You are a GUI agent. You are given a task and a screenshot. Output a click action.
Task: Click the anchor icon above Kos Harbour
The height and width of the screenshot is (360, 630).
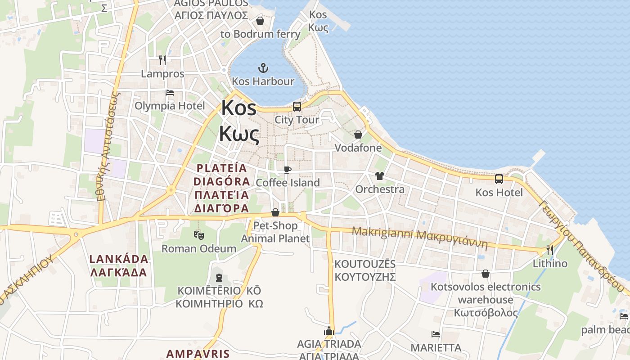[263, 68]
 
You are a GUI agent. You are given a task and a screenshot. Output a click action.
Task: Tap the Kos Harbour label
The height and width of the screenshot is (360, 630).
[263, 81]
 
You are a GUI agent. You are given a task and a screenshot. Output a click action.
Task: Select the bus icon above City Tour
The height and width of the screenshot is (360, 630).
[297, 107]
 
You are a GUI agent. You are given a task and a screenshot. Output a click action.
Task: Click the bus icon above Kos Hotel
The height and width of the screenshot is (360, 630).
[499, 179]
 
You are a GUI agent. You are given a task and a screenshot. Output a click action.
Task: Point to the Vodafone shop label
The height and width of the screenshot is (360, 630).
[358, 148]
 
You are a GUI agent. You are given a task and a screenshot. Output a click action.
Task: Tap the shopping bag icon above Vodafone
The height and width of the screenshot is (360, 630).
[358, 135]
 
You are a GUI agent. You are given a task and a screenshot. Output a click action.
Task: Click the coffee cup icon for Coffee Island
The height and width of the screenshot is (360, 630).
[288, 170]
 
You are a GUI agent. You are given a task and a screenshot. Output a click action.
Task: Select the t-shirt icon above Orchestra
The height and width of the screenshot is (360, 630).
[380, 176]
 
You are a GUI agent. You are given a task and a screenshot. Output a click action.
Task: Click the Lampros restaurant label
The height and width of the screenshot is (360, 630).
[162, 74]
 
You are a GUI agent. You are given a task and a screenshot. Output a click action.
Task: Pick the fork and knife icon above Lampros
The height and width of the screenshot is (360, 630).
[162, 60]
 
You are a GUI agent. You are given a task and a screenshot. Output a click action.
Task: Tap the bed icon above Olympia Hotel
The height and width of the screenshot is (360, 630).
[170, 93]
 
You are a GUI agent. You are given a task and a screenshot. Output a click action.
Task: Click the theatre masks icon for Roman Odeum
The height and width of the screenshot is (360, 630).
[198, 235]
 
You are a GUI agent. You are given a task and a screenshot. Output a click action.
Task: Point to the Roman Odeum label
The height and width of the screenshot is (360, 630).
[198, 248]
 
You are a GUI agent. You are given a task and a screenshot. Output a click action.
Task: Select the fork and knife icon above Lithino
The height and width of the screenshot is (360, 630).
[550, 250]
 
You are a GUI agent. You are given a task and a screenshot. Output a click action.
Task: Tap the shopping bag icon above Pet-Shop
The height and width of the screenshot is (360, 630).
[275, 212]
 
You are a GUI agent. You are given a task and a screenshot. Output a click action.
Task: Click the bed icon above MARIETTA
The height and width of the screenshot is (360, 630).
[436, 334]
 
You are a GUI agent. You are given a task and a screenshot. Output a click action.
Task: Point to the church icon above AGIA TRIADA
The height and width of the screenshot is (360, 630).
[329, 331]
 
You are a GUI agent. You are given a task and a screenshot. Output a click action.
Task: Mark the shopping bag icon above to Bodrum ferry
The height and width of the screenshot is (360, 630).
[260, 21]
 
